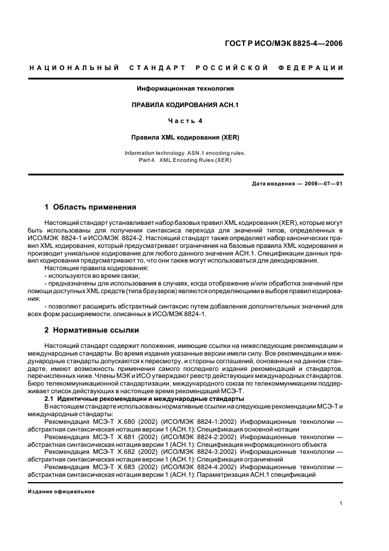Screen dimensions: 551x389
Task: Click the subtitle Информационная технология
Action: pos(185,89)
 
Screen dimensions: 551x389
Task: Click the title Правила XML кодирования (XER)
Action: pos(185,138)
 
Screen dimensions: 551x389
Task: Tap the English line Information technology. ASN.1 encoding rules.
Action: pos(185,153)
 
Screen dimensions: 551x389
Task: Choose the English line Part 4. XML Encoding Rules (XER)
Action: pos(185,160)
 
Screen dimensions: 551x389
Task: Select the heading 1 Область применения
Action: pos(91,207)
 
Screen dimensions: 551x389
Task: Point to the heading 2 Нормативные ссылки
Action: pos(91,331)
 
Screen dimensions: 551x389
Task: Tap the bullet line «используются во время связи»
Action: pos(92,275)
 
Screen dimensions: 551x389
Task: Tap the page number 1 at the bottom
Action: pos(341,503)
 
